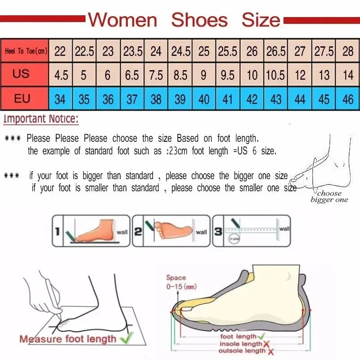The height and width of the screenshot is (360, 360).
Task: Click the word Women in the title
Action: (x=122, y=20)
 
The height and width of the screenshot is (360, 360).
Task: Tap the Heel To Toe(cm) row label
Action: (x=25, y=51)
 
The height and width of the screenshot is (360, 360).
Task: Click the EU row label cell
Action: (x=22, y=99)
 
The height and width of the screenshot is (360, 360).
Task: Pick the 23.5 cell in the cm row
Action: (x=132, y=51)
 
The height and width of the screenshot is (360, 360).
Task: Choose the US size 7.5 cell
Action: (x=156, y=75)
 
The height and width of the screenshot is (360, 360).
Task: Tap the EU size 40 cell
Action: (x=204, y=99)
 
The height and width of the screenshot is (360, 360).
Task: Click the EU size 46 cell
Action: (x=348, y=99)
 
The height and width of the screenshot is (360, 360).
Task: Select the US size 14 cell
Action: (x=348, y=75)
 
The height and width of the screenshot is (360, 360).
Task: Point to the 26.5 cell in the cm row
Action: (x=275, y=51)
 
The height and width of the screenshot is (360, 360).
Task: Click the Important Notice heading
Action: (x=41, y=119)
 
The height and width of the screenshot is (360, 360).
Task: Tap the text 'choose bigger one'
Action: (x=329, y=197)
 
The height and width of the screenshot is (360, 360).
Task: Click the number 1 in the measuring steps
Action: (x=57, y=232)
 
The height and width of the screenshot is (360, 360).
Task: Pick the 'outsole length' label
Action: (x=243, y=351)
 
